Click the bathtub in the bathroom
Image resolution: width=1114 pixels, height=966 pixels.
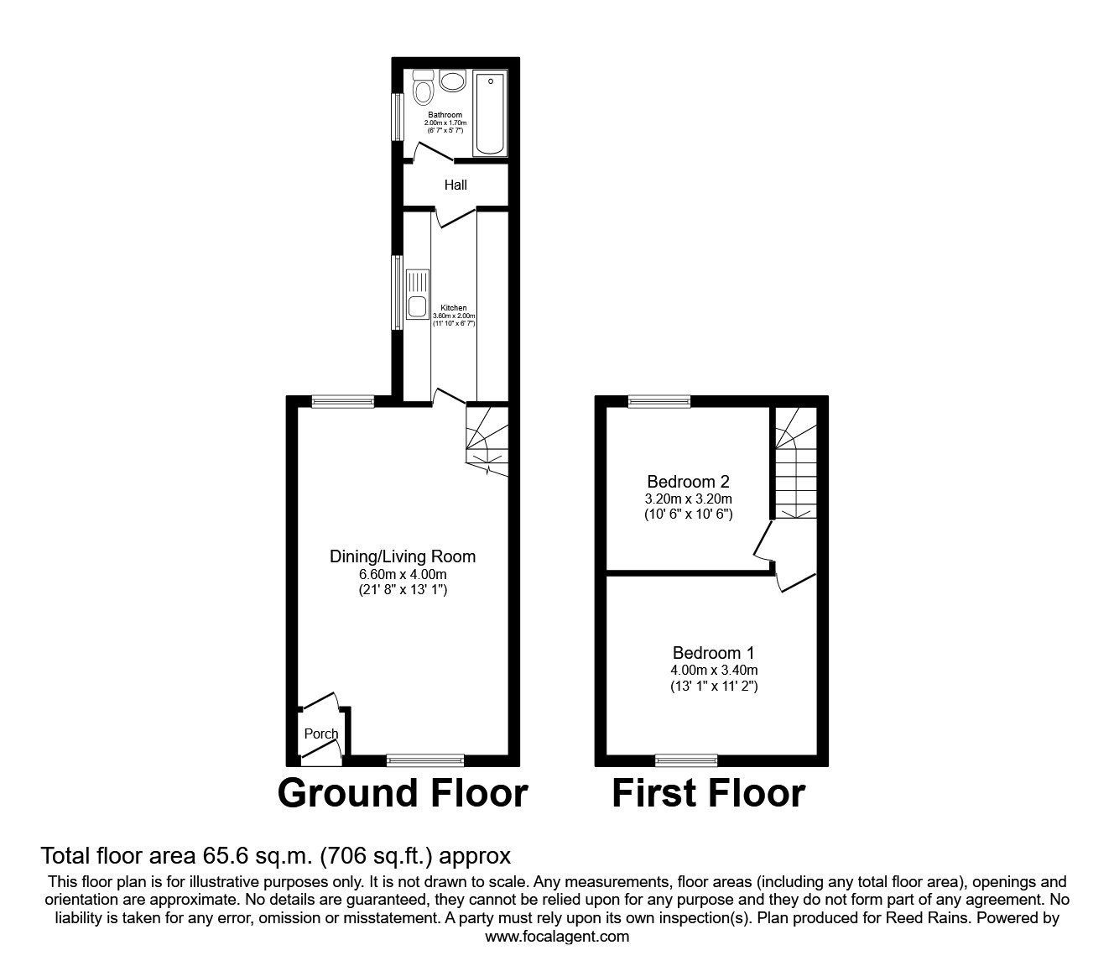tap(490, 114)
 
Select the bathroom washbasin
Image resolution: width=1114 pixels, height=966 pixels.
tap(453, 81)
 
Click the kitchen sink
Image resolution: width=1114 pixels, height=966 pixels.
tap(417, 295)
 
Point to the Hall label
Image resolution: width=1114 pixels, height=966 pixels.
tap(455, 185)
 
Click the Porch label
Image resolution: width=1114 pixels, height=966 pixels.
tap(321, 734)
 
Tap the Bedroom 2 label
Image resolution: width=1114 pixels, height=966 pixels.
tap(688, 482)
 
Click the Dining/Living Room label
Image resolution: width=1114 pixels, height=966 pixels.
tap(403, 556)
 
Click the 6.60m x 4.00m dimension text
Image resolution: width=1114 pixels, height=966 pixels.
tap(403, 575)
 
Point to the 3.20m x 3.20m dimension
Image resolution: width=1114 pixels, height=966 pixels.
tap(688, 499)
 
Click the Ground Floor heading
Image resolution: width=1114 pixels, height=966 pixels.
tap(403, 793)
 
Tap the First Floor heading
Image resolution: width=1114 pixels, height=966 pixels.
tap(709, 793)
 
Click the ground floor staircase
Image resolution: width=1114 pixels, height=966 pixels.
tap(487, 440)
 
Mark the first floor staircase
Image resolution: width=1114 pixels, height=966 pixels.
tap(795, 466)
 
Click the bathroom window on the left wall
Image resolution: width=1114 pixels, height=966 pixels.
tap(398, 116)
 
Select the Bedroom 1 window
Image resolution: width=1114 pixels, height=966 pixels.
tap(686, 760)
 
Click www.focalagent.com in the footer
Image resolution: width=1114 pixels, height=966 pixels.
tap(557, 937)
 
